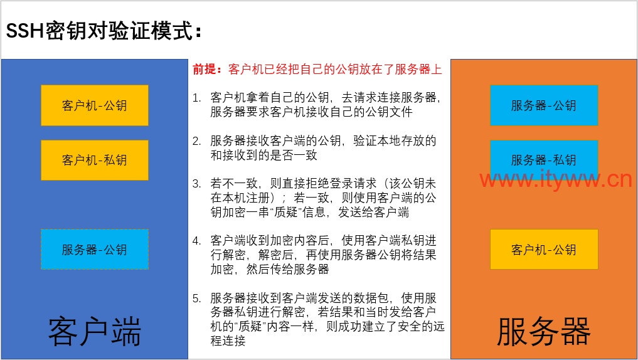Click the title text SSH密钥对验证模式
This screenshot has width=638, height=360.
pos(100,31)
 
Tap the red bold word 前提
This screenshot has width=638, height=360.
pos(205,69)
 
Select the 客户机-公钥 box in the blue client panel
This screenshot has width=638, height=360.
pos(94,105)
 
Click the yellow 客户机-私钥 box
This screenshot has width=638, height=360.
pos(94,160)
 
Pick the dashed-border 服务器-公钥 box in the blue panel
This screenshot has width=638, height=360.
pos(94,250)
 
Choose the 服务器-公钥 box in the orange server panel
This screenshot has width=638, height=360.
pos(544,105)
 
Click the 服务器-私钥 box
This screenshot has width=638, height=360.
pos(544,160)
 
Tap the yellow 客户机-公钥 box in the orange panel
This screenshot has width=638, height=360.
pos(544,250)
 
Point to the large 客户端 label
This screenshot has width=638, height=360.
pos(94,332)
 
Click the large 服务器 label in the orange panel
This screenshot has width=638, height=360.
pos(544,332)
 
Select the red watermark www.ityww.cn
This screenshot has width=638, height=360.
pos(556,179)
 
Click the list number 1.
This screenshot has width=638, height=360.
pos(196,98)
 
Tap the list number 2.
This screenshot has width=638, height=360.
pos(196,141)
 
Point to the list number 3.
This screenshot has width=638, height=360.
pos(196,184)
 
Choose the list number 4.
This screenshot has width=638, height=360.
pos(196,241)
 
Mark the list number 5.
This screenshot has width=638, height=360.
pos(196,299)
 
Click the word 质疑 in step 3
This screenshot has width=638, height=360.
pos(286,213)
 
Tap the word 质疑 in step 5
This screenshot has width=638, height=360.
pos(250,327)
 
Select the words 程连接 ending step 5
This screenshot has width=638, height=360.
pos(228,341)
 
